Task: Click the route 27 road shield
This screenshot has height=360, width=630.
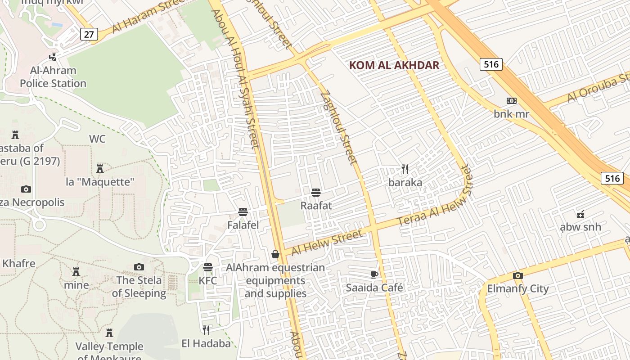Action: (x=89, y=34)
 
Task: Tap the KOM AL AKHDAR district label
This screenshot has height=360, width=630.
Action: (x=394, y=65)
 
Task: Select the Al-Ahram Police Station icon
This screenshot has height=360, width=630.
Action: (x=54, y=57)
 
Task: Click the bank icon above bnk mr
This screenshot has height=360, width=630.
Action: (x=512, y=101)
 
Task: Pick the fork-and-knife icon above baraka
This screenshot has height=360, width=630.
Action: (x=405, y=169)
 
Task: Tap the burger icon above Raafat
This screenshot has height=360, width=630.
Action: (x=316, y=193)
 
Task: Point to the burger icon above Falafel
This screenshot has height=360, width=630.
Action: (x=243, y=211)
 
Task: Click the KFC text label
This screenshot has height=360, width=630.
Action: (x=208, y=281)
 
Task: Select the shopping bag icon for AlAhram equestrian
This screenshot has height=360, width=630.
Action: (x=275, y=255)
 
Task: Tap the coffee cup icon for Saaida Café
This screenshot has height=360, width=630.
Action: (x=374, y=274)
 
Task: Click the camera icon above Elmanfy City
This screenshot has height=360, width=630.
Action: (x=518, y=275)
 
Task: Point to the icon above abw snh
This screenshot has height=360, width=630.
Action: (x=580, y=214)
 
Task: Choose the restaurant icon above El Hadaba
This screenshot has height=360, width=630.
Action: (x=206, y=330)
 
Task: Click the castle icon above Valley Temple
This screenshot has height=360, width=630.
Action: (x=109, y=333)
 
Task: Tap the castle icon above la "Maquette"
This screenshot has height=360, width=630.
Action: (x=100, y=169)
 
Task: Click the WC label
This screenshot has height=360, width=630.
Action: (x=97, y=139)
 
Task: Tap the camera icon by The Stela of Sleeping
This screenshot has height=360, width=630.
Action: (x=139, y=267)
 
